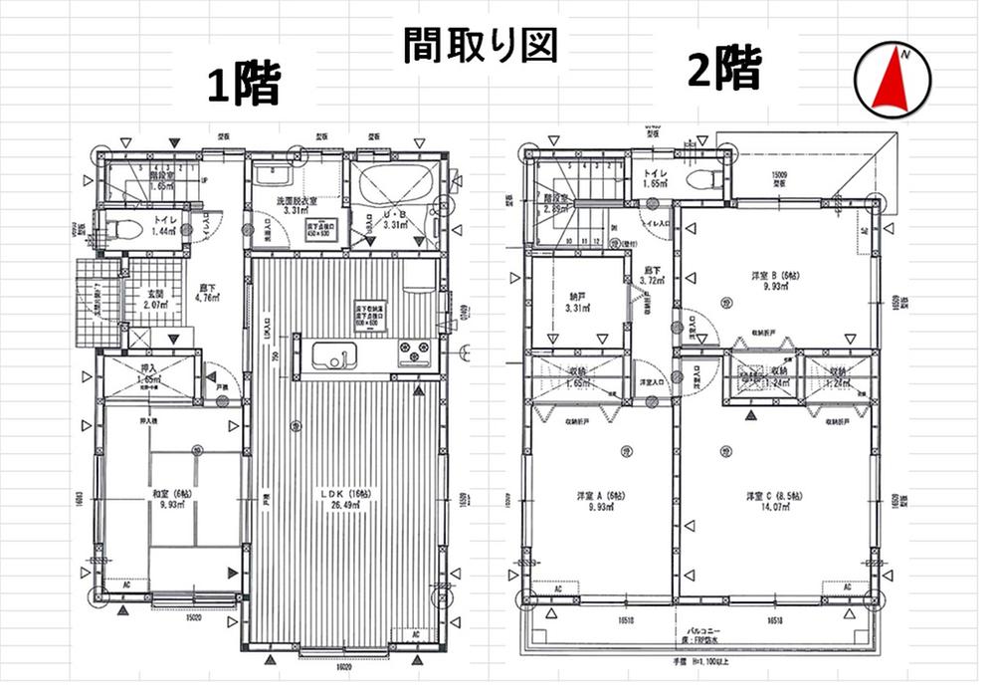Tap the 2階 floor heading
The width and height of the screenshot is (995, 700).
(x=723, y=71)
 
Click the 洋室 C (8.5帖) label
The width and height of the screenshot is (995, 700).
(x=773, y=495)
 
